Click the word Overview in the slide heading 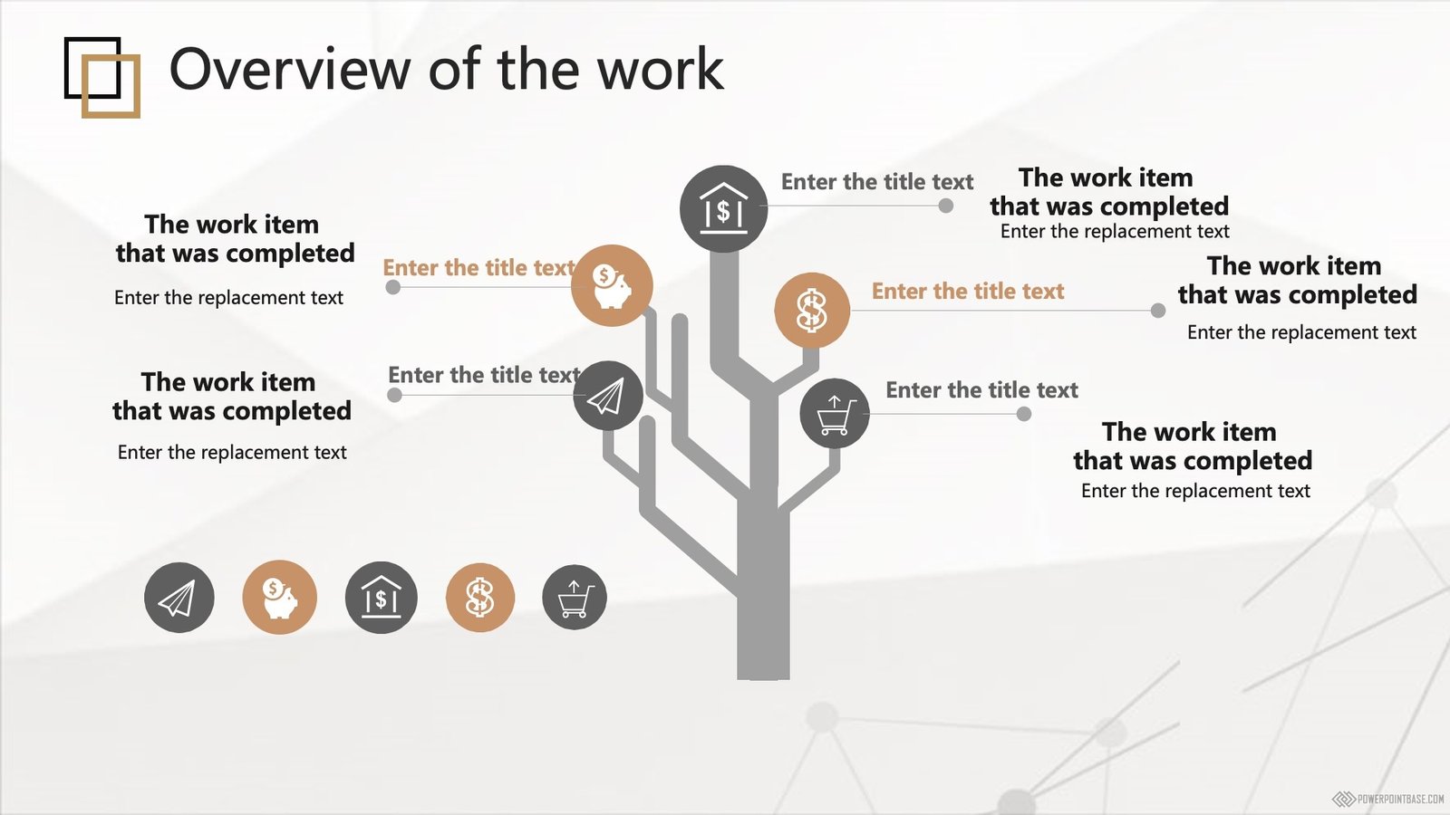(x=290, y=69)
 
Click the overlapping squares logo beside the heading (x=102, y=78)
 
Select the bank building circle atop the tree (x=724, y=209)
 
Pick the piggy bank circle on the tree (x=612, y=285)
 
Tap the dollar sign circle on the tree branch (x=812, y=311)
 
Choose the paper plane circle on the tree (x=608, y=395)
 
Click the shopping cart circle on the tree (x=835, y=414)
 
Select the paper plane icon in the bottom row (x=179, y=597)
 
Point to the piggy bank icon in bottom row (x=280, y=597)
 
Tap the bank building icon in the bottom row (x=382, y=597)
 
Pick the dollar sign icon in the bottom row (x=480, y=597)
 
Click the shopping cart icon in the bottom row (x=575, y=597)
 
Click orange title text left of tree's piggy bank (x=479, y=268)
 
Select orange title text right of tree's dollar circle (x=968, y=291)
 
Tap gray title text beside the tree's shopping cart (x=982, y=390)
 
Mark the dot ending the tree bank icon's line (x=946, y=206)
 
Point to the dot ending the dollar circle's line (x=1158, y=311)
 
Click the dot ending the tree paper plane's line (x=394, y=395)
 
